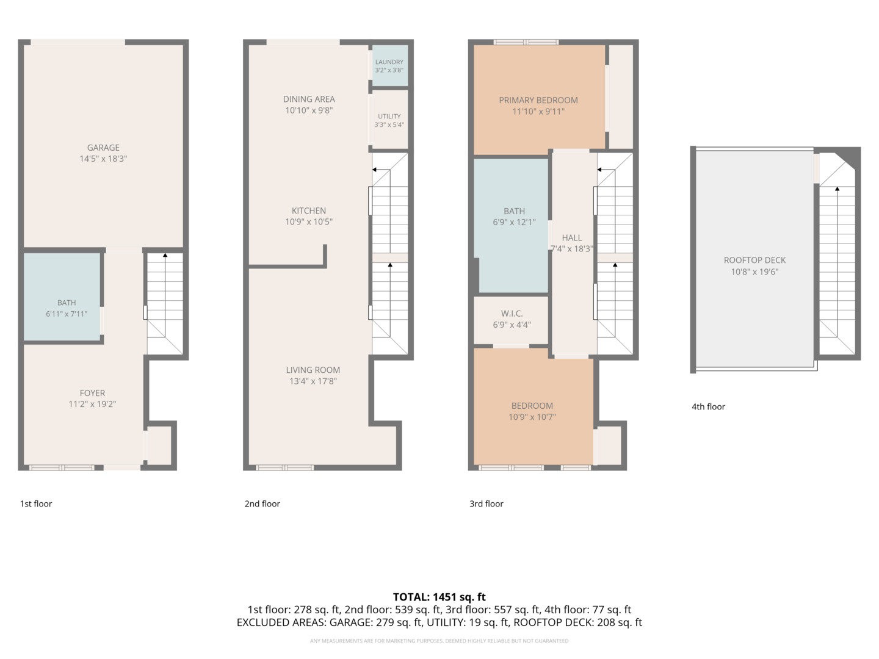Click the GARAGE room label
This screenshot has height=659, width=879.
[103, 148]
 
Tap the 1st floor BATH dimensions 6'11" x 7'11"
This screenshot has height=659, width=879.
[67, 314]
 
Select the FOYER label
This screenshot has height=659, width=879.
[92, 393]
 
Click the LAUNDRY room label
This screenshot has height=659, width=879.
[389, 62]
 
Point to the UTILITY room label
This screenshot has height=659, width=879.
[389, 117]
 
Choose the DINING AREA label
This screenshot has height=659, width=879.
[309, 99]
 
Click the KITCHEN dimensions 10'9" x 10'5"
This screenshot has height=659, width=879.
[309, 221]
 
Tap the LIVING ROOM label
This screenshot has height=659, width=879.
[313, 370]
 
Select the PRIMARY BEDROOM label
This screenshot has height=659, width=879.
[538, 101]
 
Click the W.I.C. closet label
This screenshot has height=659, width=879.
[512, 314]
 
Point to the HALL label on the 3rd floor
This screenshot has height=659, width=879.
[571, 238]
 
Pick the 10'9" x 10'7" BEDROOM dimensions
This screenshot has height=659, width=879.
[532, 417]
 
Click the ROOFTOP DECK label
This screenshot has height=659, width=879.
[754, 261]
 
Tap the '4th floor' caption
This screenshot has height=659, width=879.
[708, 406]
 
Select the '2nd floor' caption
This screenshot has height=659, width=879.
[262, 504]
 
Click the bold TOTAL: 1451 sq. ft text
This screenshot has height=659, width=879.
[439, 597]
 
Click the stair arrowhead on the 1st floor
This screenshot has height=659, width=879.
[165, 255]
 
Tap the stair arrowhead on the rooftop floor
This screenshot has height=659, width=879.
[837, 189]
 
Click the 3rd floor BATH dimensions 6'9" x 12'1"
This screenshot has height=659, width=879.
[514, 223]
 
